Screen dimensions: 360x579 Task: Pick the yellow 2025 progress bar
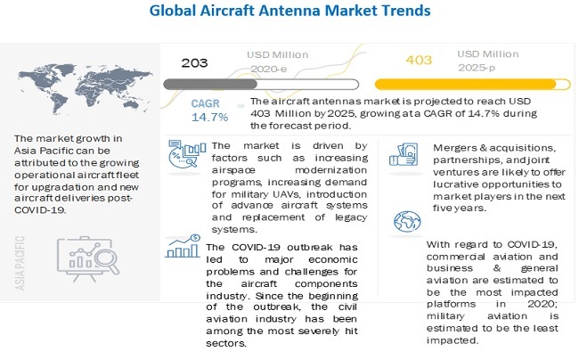click(x=470, y=84)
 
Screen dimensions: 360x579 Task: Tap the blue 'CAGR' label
click(x=206, y=102)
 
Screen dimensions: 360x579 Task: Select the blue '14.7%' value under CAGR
click(x=207, y=117)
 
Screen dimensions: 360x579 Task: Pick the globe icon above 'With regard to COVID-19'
click(x=405, y=221)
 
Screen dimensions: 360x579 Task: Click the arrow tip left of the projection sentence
click(x=245, y=104)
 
